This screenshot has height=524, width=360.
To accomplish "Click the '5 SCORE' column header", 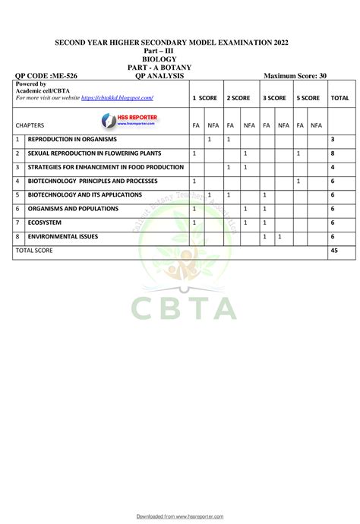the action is (x=308, y=98).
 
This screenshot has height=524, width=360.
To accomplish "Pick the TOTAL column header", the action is (x=339, y=98).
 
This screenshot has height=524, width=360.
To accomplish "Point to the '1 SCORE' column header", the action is (x=204, y=98).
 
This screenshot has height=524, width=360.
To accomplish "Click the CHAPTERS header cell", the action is (x=30, y=125).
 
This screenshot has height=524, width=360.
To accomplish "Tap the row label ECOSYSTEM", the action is (x=47, y=222).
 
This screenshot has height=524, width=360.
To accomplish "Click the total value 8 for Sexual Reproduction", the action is (x=333, y=153).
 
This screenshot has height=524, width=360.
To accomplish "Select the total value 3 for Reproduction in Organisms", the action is (x=333, y=140).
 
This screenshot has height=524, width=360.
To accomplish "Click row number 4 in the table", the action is (x=17, y=181).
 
